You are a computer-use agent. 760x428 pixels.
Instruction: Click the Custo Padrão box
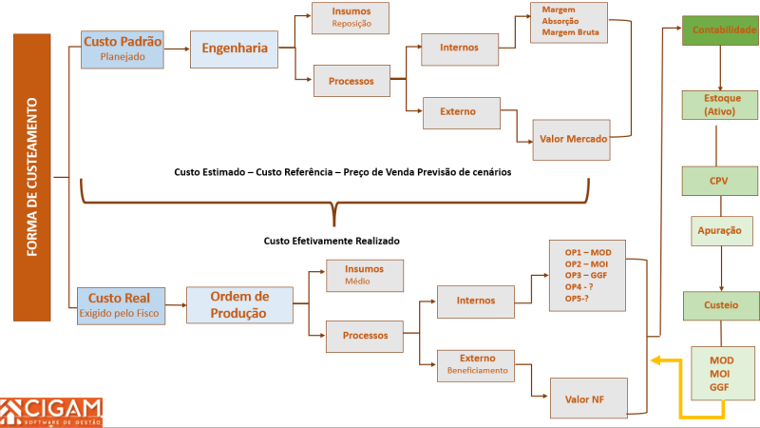pos(123,48)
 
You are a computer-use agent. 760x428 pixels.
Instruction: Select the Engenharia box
pos(234,48)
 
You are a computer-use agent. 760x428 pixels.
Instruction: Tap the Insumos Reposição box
pos(351,18)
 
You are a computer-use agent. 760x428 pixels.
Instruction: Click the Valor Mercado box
pos(572,139)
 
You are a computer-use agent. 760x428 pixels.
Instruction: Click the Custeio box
pos(722,305)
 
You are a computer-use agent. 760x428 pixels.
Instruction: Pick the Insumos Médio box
pos(365,276)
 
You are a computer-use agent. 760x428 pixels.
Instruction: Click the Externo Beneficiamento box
pos(477,364)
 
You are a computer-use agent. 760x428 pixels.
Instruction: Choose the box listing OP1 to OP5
pos(588,276)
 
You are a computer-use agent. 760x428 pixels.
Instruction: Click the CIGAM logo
pos(51,411)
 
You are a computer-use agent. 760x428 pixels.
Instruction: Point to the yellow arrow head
pos(655,360)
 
